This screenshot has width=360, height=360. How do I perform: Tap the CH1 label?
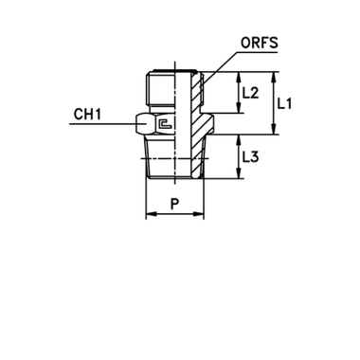click(86, 117)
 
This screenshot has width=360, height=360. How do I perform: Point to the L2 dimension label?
click(252, 93)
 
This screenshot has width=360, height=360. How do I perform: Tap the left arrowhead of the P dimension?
click(151, 214)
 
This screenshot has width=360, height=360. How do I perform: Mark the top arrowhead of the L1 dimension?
click(278, 76)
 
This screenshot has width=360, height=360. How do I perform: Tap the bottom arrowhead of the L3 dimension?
click(240, 176)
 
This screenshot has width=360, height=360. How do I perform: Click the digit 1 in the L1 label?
click(290, 104)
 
